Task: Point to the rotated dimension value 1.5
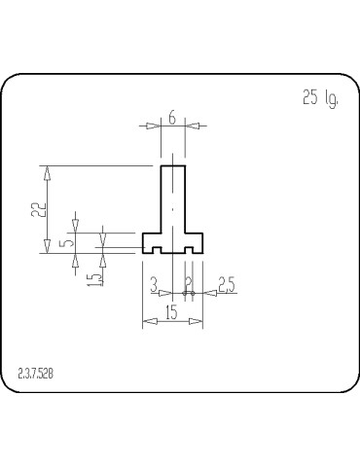pyautogui.click(x=92, y=279)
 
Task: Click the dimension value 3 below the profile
pyautogui.click(x=155, y=284)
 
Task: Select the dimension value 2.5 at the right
pyautogui.click(x=226, y=284)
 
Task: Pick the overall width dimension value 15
pyautogui.click(x=172, y=311)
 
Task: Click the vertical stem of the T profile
pyautogui.click(x=172, y=199)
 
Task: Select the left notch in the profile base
pyautogui.click(x=156, y=250)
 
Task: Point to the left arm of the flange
pyautogui.click(x=151, y=239)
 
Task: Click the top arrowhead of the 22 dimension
pyautogui.click(x=45, y=171)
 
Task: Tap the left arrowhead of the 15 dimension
pyautogui.click(x=147, y=321)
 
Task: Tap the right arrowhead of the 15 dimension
pyautogui.click(x=198, y=321)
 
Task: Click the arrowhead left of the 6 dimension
pyautogui.click(x=156, y=126)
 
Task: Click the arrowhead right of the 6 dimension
pyautogui.click(x=190, y=126)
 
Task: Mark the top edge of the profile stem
pyautogui.click(x=172, y=165)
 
